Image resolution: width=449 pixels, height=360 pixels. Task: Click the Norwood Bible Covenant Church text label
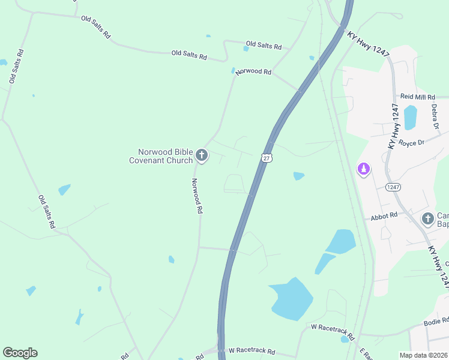[x=161, y=156]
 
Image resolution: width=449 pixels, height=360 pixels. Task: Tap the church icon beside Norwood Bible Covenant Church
[x=202, y=156]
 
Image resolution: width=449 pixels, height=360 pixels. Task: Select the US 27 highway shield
[x=267, y=157]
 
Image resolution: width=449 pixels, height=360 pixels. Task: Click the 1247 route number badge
[x=393, y=187]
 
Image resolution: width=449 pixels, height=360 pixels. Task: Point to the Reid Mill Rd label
[x=417, y=97]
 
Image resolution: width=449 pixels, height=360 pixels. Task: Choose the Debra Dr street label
[x=435, y=116]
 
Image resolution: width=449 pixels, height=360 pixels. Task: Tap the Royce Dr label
[x=412, y=143]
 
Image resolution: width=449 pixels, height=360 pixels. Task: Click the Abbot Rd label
[x=384, y=215]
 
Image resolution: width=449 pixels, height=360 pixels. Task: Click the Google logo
[x=20, y=353]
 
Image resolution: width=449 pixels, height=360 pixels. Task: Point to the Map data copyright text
[x=424, y=355]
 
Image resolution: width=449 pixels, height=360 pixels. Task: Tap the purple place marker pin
[x=363, y=170]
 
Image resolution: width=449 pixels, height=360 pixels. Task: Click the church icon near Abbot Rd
[x=428, y=218]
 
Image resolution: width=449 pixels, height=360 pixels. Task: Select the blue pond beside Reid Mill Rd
[x=410, y=117]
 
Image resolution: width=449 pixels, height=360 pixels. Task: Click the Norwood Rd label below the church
[x=197, y=196]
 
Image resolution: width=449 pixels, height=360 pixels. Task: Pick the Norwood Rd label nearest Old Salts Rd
[x=253, y=71]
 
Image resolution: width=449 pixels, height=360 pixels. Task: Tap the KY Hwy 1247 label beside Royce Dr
[x=394, y=126]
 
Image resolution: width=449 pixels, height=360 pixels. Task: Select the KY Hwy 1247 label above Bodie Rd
[x=438, y=264]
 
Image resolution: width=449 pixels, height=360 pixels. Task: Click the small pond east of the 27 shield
[x=298, y=176]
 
